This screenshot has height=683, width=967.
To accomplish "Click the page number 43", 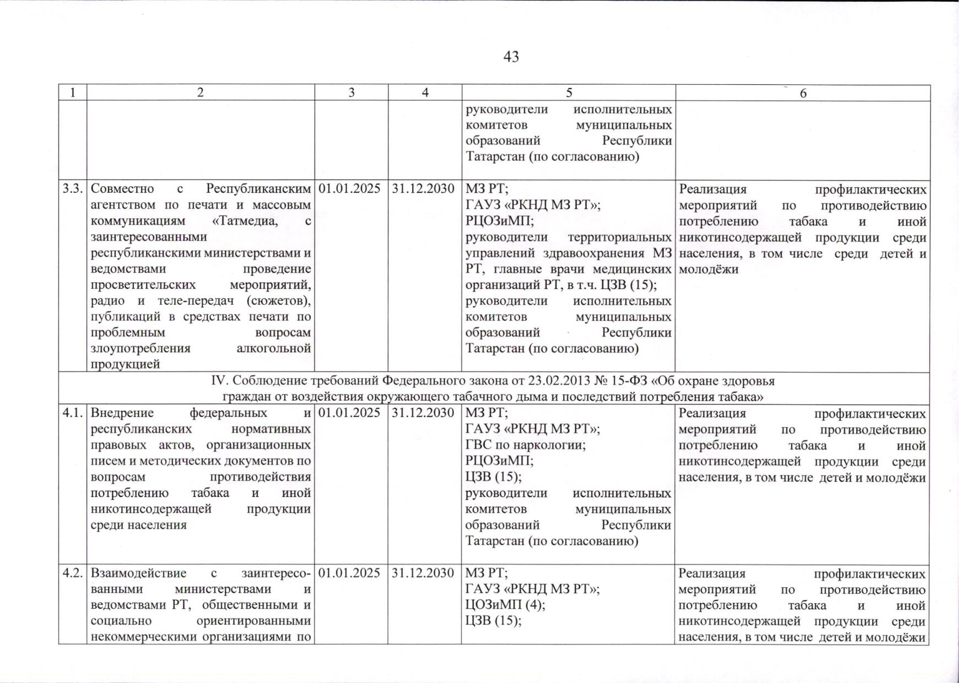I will pyautogui.click(x=511, y=57).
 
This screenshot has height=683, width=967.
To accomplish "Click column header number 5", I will pyautogui.click(x=569, y=93).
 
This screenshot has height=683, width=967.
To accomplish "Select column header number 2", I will pyautogui.click(x=200, y=93).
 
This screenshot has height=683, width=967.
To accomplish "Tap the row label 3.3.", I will pyautogui.click(x=72, y=189).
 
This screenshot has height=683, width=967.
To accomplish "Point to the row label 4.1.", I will pyautogui.click(x=72, y=413).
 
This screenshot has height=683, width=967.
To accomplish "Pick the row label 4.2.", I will pyautogui.click(x=72, y=573).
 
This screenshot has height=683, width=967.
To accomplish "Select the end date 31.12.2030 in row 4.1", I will pyautogui.click(x=423, y=413).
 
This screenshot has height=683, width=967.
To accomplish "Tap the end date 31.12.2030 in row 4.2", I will pyautogui.click(x=423, y=573).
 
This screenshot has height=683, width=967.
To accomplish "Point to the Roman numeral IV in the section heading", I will pyautogui.click(x=219, y=381).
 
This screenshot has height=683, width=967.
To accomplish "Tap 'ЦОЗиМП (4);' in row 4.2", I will pyautogui.click(x=505, y=605).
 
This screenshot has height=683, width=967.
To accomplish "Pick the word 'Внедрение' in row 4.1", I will pyautogui.click(x=122, y=413).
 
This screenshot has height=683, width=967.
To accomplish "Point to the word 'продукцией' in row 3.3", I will pyautogui.click(x=125, y=364).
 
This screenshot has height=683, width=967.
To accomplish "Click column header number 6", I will pyautogui.click(x=803, y=93).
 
